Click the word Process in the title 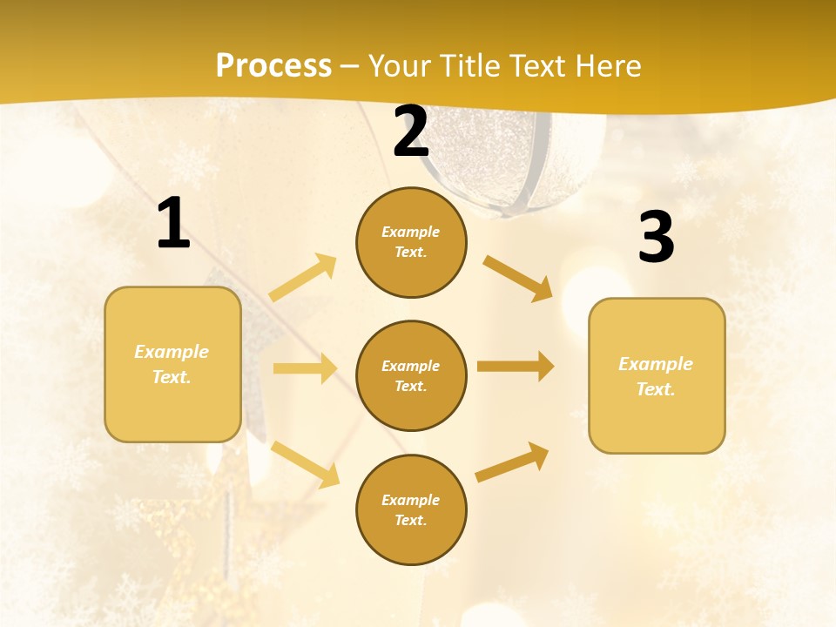tap(273, 66)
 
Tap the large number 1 tap(173, 224)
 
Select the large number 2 tap(411, 131)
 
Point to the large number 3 tap(657, 237)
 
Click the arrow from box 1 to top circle tap(303, 278)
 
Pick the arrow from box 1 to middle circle tap(304, 368)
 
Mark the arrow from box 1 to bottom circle tap(305, 464)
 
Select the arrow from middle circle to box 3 tap(515, 366)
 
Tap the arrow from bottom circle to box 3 tap(512, 462)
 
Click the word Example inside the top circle tap(410, 233)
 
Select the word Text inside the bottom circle tap(410, 521)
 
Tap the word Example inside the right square tap(656, 364)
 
